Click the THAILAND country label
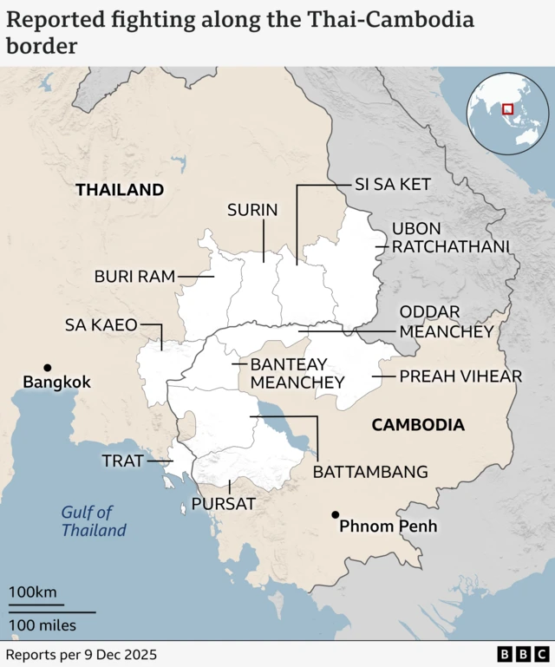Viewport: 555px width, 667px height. pos(120,189)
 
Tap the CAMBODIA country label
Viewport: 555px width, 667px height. pos(418,425)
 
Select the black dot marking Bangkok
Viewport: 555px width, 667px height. pos(48,368)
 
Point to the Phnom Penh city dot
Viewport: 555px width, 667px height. pos(335,514)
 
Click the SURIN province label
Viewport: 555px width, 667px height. pos(252,209)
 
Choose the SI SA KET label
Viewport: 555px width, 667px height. pos(392,185)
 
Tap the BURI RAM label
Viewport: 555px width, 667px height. pos(134,277)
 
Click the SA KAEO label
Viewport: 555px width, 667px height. pos(101,325)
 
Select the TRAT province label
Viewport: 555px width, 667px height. pos(122,461)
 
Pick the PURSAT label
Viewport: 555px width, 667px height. pos(224,503)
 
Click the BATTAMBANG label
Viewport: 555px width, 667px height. pos(370,472)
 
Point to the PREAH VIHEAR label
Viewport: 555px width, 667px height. pos(460,376)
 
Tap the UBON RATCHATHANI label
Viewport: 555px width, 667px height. pos(450,238)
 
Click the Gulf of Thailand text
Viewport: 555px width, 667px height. pos(94,521)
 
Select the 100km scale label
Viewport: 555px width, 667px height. pos(33,592)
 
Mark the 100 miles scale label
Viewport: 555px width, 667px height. pos(42,624)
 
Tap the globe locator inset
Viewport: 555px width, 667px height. pos(510,112)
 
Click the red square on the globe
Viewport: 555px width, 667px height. pos(507,110)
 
